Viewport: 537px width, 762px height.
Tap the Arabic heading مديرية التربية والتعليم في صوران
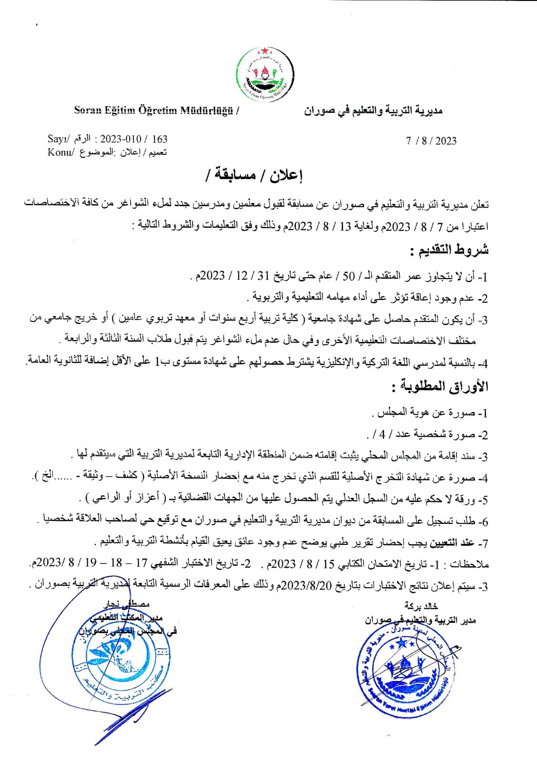point(373,111)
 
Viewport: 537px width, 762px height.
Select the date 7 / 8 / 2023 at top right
point(431,140)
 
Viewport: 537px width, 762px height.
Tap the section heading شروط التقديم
point(449,251)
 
